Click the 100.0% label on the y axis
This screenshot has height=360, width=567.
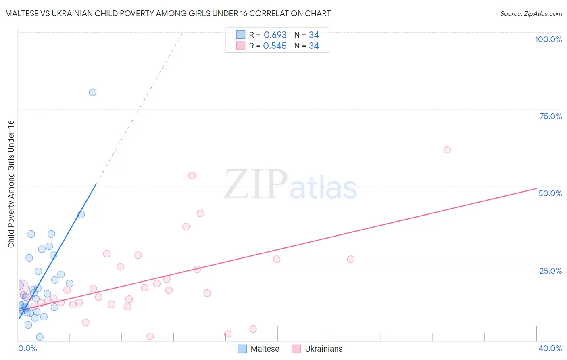point(548,39)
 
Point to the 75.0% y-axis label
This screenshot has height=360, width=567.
point(550,116)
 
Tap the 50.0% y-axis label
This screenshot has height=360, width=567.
point(550,193)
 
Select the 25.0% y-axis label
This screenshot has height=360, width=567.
point(550,271)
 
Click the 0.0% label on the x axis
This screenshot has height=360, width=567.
point(27,348)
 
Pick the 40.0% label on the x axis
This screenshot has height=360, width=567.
point(550,348)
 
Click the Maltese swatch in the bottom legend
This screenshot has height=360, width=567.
point(242,349)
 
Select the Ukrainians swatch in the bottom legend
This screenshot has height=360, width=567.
point(296,349)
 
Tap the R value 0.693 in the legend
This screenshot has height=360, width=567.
point(275,35)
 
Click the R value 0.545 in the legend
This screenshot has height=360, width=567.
point(275,46)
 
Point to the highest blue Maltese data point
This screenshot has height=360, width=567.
point(93,92)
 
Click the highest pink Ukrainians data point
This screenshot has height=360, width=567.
point(447,150)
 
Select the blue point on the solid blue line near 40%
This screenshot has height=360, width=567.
point(81,214)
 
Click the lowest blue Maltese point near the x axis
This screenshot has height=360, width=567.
point(40,337)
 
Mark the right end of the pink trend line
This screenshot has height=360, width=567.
point(536,188)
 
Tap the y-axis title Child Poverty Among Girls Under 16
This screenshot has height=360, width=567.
point(11,184)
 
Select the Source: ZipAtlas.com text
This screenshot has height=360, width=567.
point(531,14)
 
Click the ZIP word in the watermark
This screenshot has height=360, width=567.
point(256,185)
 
